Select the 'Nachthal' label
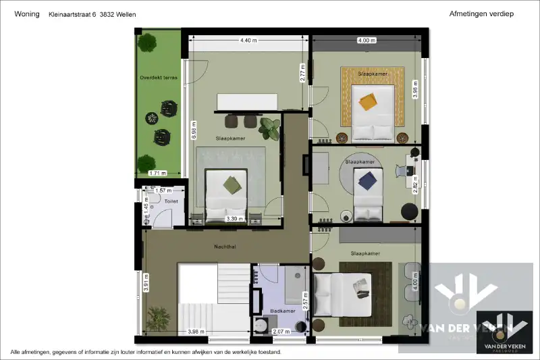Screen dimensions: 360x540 click(225, 247)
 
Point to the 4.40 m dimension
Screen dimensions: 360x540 click(248, 41)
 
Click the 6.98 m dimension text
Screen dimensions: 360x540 click(194, 130)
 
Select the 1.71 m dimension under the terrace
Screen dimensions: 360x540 click(157, 174)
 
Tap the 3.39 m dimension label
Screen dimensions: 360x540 click(234, 219)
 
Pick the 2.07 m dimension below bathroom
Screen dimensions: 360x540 click(281, 332)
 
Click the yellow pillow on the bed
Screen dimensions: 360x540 click(368, 101)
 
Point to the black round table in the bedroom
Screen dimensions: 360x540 click(410, 211)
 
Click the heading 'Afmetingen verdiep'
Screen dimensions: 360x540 click(481, 14)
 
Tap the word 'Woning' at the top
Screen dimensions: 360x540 click(26, 14)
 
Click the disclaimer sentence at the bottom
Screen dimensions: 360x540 click(145, 352)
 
